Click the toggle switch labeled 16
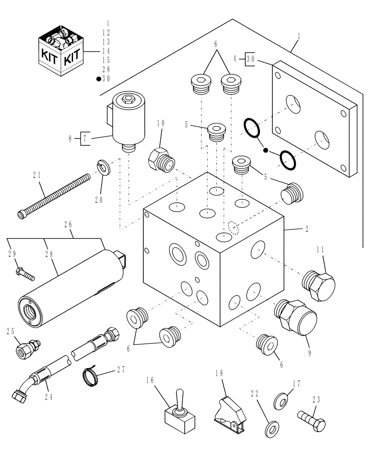[x=178, y=414]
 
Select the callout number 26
[x=68, y=224]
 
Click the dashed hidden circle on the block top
[x=233, y=227]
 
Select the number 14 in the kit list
[x=106, y=50]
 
